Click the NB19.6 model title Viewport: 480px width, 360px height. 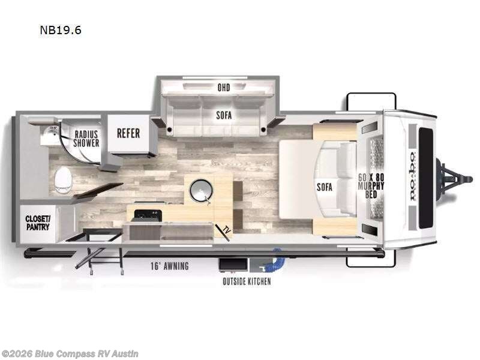(x=60, y=30)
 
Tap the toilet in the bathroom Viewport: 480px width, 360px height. (x=62, y=179)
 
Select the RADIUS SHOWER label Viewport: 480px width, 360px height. (x=86, y=139)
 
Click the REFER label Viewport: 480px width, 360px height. (x=128, y=133)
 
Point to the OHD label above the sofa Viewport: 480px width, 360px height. (x=223, y=88)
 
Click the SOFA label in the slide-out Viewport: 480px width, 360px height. (x=224, y=114)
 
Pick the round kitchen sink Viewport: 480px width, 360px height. (x=200, y=190)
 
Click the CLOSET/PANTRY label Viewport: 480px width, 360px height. (x=37, y=223)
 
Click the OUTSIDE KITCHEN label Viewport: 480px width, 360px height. (x=247, y=281)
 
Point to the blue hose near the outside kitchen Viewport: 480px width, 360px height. (x=276, y=260)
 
